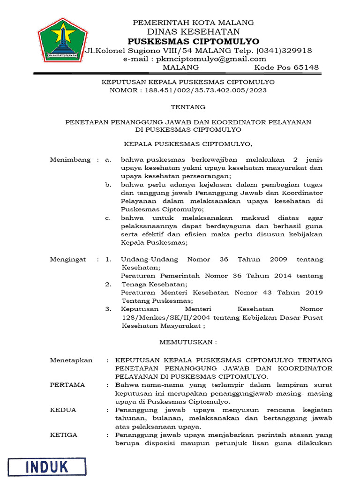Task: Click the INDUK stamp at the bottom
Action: click(x=46, y=466)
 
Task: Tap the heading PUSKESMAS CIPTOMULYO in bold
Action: click(x=193, y=41)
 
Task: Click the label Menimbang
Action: click(x=70, y=160)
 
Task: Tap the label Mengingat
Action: click(x=68, y=259)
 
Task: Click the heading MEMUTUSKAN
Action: click(x=188, y=342)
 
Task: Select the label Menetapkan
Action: click(x=71, y=360)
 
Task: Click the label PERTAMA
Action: click(x=67, y=385)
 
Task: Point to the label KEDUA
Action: click(x=63, y=410)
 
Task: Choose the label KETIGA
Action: click(x=64, y=435)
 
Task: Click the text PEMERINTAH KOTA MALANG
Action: click(x=193, y=22)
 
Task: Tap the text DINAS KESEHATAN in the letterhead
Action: click(x=193, y=31)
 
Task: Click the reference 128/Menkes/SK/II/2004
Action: click(x=161, y=317)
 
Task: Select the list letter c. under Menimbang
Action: click(x=108, y=218)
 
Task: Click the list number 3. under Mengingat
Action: click(x=108, y=309)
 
